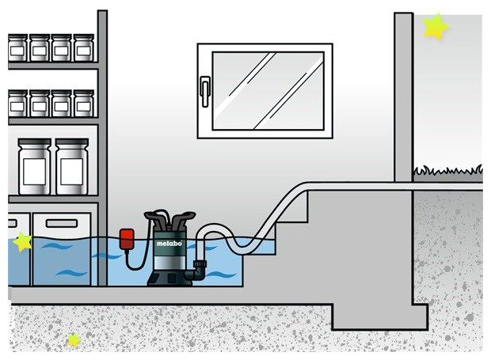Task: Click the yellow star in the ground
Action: point(73,340)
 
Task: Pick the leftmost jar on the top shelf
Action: point(17,47)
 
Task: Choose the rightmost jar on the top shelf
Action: point(83,47)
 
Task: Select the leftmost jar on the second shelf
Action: point(17,103)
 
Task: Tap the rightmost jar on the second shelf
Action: point(83,103)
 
